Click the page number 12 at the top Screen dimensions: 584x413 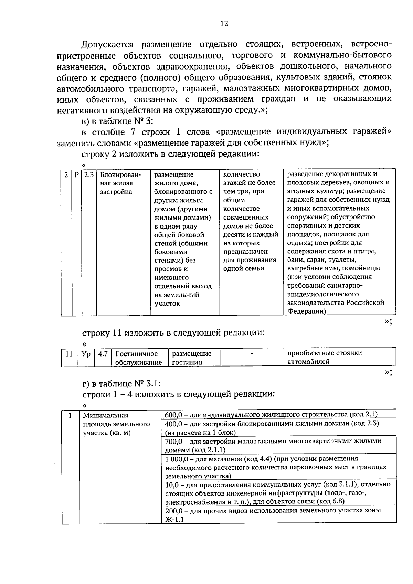(224, 24)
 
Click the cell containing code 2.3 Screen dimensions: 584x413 (89, 174)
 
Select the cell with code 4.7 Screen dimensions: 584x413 (103, 354)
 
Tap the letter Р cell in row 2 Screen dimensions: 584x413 (76, 174)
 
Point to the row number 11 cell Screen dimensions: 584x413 (69, 354)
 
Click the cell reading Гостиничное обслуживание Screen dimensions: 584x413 (138, 358)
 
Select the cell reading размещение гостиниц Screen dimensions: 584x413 (192, 358)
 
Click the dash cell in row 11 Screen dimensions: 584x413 (252, 354)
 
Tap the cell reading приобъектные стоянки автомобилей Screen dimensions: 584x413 (325, 358)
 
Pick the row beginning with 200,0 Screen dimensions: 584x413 (273, 515)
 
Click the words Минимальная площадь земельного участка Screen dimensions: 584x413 (116, 424)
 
